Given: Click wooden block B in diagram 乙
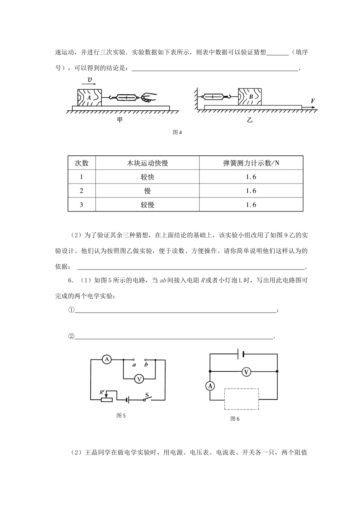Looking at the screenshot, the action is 250,97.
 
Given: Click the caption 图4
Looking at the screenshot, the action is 177,132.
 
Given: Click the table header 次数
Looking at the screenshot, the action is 81,163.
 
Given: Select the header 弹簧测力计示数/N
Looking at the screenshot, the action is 251,163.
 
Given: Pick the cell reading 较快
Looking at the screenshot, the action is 147,177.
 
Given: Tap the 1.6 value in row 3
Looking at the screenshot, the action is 251,205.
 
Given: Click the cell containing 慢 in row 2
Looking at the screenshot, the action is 147,191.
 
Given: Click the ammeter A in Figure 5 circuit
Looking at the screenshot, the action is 107,359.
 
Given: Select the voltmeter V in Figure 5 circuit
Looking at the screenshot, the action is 139,379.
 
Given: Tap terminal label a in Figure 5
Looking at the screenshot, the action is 134,365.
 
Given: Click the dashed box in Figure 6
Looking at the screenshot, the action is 241,399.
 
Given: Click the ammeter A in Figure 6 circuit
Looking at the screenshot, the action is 210,386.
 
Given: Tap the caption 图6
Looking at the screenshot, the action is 235,419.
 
